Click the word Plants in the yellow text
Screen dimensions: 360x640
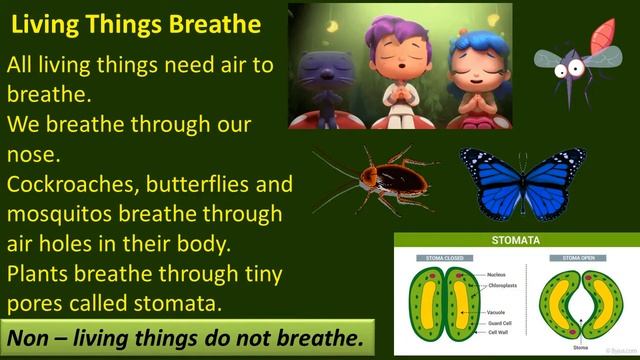point(39,273)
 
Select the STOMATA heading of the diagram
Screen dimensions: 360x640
point(516,241)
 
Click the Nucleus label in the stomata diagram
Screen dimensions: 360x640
point(497,273)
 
